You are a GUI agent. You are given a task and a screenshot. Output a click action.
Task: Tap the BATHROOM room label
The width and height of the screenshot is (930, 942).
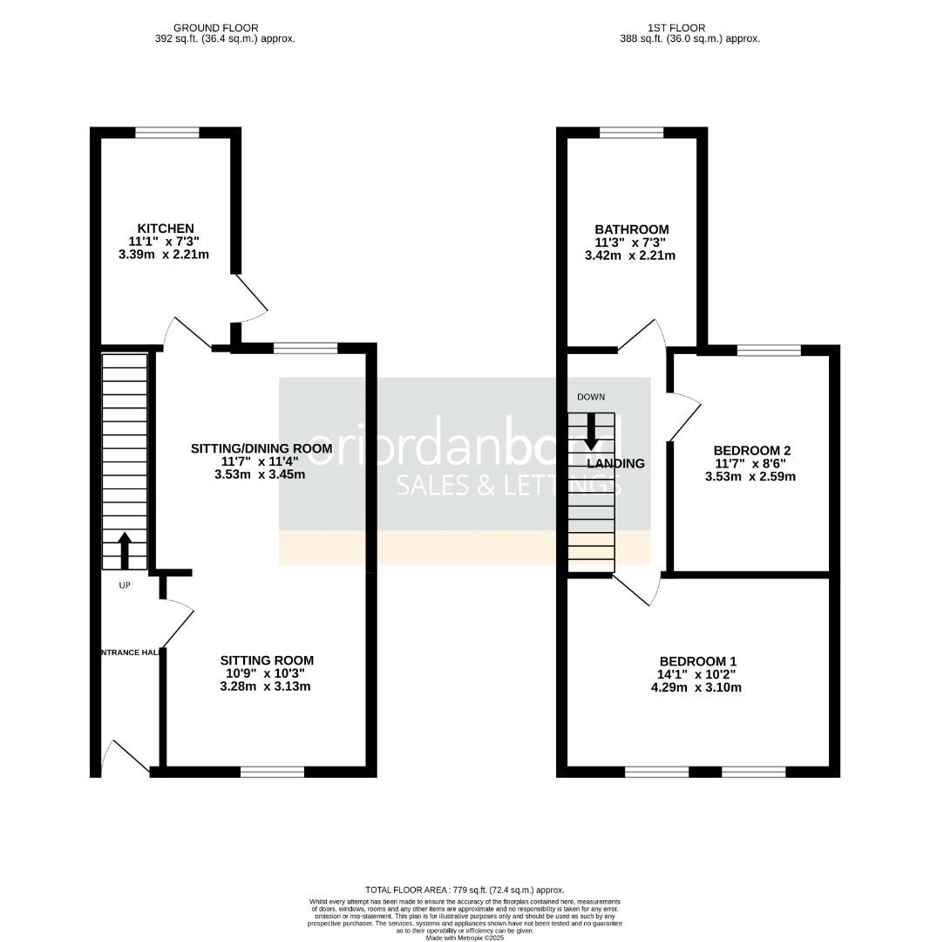pos(631,229)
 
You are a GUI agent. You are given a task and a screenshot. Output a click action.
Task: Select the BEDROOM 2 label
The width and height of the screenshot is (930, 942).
pos(751,450)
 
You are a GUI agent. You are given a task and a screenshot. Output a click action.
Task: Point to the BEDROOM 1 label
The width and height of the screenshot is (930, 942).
pos(697,661)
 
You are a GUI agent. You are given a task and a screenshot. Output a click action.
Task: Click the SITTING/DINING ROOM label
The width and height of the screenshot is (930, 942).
pos(261,448)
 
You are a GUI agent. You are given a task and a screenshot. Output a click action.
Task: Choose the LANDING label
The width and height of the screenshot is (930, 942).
pos(615,463)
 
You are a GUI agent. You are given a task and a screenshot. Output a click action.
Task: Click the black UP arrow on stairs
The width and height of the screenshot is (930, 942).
pos(124,549)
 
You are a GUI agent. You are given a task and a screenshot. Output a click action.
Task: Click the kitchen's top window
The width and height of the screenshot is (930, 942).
pos(166,133)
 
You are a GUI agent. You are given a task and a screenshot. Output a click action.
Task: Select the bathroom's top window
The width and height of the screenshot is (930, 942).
pos(631,133)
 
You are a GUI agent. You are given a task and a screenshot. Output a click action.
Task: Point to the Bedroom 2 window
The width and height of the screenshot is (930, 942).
pos(769,351)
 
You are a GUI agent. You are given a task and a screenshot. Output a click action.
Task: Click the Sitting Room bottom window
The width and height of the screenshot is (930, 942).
pos(272,771)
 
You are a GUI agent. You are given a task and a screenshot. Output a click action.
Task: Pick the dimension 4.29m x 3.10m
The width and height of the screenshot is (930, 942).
pos(697,687)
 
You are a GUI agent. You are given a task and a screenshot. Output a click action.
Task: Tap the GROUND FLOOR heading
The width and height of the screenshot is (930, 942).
pos(216,28)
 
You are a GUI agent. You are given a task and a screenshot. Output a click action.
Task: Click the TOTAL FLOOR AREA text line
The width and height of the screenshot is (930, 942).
pos(465,889)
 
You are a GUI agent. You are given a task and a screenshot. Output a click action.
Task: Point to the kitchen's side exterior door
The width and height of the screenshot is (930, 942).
pos(250,297)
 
